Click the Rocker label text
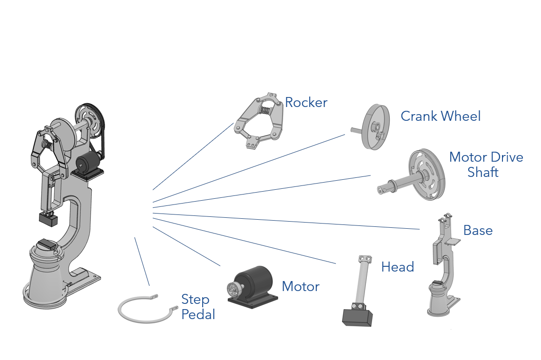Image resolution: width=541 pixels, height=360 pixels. (x=306, y=102)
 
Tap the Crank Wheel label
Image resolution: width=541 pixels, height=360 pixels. (x=440, y=116)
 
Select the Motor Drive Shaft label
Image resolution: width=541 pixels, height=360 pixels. (x=485, y=164)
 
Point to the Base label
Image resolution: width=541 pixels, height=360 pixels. (x=478, y=230)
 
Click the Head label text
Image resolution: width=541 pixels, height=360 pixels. (x=397, y=267)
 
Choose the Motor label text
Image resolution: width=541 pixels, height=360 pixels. (x=300, y=286)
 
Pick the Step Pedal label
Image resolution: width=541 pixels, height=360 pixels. (x=197, y=307)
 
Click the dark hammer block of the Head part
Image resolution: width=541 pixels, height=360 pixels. (x=357, y=317)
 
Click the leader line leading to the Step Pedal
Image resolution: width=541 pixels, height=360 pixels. (x=142, y=261)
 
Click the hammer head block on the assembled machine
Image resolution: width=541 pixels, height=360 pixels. (x=48, y=219)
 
